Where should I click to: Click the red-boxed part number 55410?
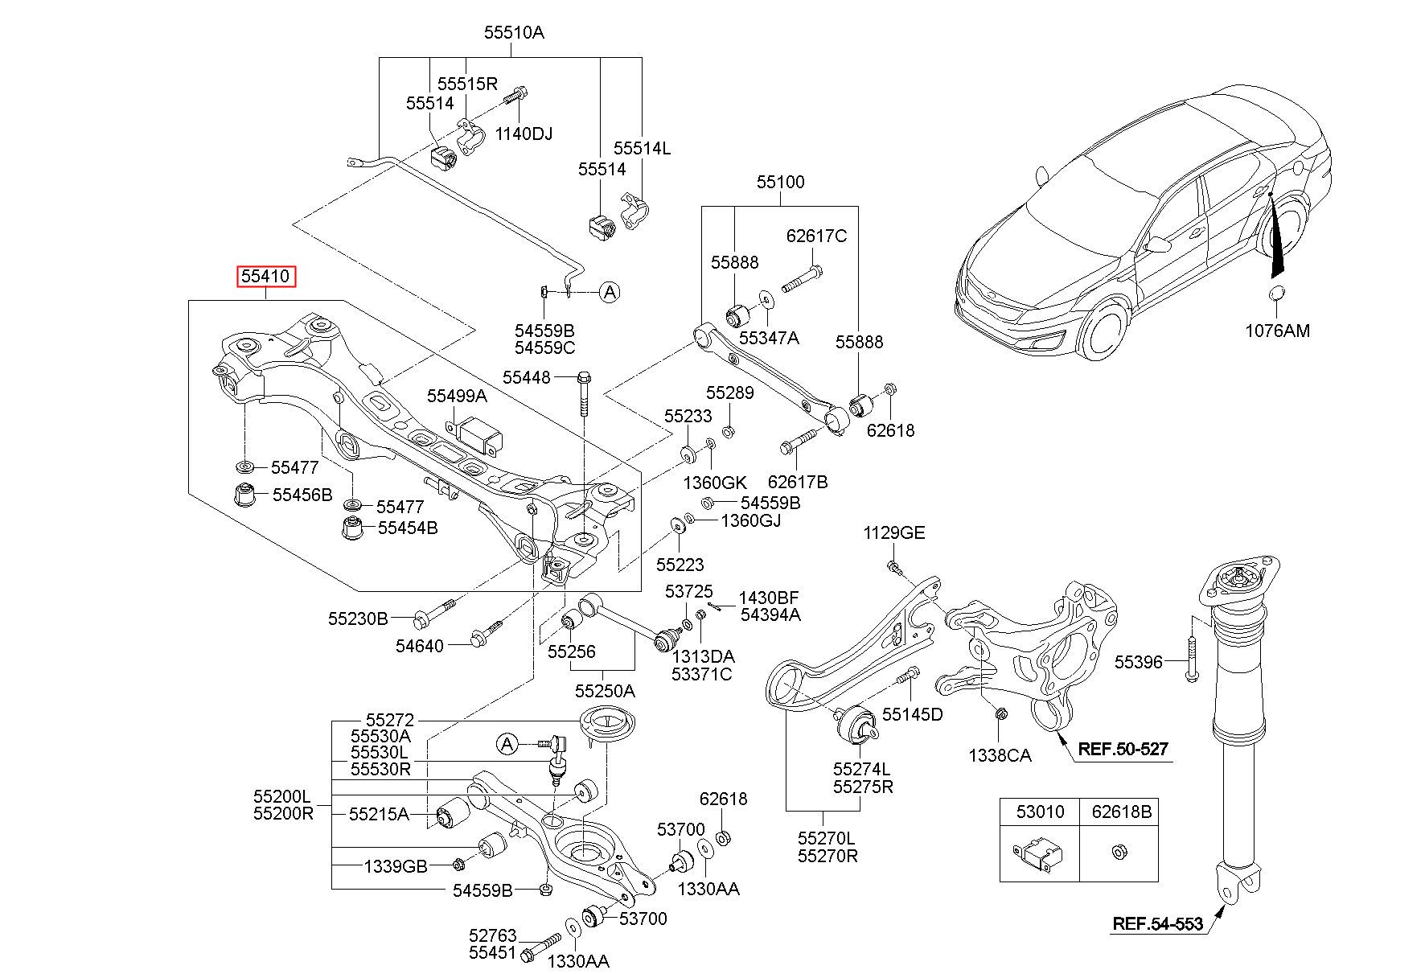pos(266,277)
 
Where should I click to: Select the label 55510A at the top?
pos(514,33)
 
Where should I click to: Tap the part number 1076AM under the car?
pos(1277,331)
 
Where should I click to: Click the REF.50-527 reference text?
pos(1123,749)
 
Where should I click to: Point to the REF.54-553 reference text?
pos(1157,923)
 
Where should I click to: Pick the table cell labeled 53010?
pos(1039,812)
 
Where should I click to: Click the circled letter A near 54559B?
pos(610,292)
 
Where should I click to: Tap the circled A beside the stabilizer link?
pos(507,744)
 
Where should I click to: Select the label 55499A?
pos(457,396)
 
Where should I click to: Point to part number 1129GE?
pos(894,532)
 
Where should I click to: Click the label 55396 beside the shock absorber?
pos(1138,662)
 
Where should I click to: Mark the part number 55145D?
pos(912,714)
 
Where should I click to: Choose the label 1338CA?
pos(1000,755)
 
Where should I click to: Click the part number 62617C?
pos(816,236)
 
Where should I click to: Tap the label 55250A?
pos(605,691)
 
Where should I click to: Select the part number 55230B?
pos(358,619)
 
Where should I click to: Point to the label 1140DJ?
pos(524,134)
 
